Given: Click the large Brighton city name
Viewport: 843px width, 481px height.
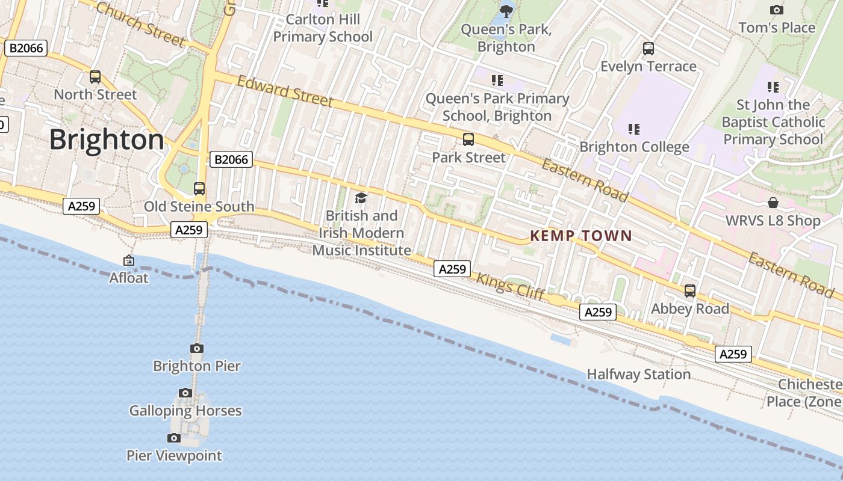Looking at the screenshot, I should pos(107,139).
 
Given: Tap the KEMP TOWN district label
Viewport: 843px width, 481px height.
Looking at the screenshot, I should pos(581,236).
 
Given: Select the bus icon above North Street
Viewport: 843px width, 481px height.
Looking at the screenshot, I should pos(95,77).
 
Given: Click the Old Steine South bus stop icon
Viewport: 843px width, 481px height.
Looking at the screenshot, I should pos(199,189).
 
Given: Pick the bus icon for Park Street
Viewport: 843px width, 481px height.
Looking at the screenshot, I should pos(468,139).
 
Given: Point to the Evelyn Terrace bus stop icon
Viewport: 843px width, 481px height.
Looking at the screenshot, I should pos(649,49).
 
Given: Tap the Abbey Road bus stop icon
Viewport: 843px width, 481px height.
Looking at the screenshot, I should pos(690,291).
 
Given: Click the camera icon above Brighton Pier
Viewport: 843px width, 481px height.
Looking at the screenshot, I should pos(197,348).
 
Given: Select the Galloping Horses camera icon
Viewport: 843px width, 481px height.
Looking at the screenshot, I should pos(185,393).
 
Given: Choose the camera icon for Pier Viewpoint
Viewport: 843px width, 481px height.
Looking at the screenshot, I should pos(174,438).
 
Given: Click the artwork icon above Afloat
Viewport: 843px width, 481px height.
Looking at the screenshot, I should pos(129,260).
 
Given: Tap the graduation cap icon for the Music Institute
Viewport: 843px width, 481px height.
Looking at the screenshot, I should pos(361,198).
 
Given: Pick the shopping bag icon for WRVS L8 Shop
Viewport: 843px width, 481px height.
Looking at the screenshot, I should pos(773,203).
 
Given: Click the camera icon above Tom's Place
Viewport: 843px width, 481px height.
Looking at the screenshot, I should pos(777,10).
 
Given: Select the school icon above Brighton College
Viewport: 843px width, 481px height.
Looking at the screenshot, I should pos(633,129).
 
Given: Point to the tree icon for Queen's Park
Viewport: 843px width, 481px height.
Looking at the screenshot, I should pos(506,10).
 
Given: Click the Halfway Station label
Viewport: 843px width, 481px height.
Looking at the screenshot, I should pos(638,374).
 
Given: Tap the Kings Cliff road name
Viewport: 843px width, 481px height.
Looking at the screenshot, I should pos(511,287).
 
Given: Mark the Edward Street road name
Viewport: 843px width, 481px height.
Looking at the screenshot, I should pos(285,91).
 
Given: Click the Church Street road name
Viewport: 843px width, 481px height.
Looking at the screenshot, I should pos(140,24).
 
